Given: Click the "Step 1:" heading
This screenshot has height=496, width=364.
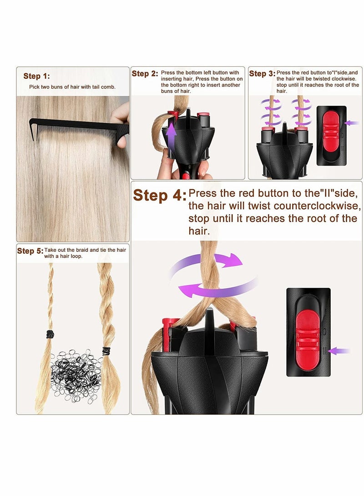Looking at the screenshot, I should (36, 76).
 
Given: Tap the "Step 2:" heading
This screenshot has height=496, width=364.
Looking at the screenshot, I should (145, 73).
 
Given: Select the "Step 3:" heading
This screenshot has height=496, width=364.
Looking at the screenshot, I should (262, 73).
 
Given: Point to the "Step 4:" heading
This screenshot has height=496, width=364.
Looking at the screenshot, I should (160, 195).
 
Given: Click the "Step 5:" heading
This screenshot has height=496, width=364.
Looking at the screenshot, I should (30, 251).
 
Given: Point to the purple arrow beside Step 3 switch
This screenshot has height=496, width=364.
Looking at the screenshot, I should (352, 123).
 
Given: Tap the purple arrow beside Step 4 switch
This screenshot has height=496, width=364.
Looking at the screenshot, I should (339, 351).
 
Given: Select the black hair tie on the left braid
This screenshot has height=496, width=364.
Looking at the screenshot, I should (50, 335).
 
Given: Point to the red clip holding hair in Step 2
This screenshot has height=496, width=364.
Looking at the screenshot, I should (172, 113).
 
